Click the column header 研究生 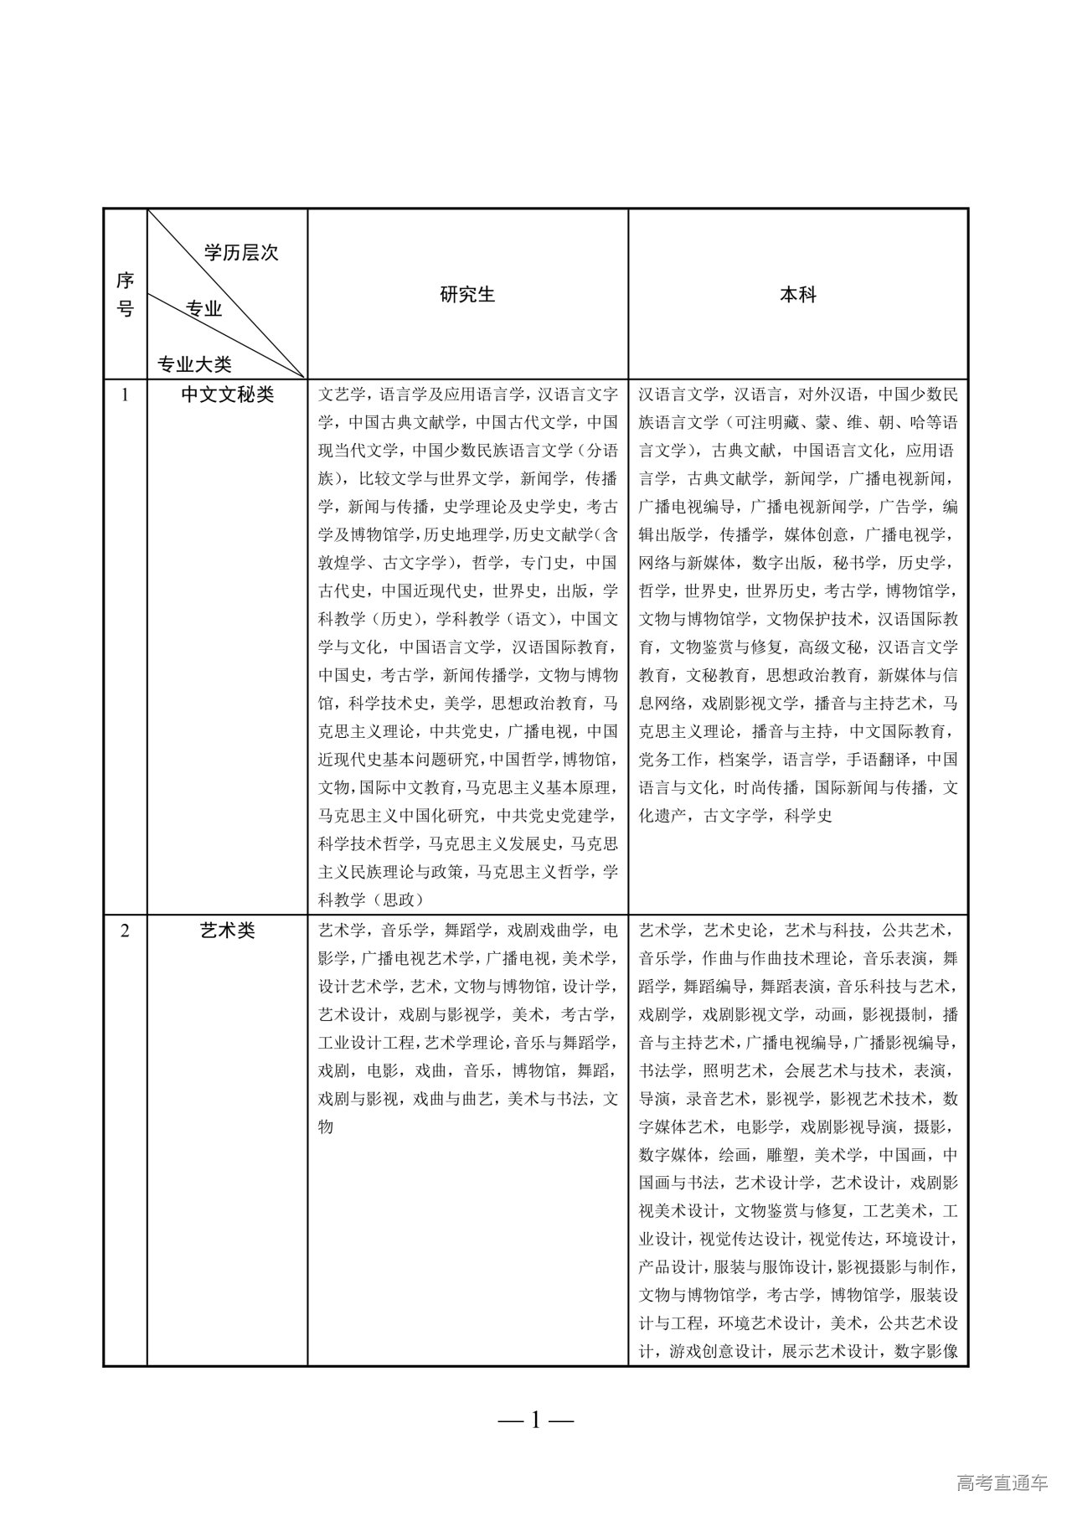coord(467,295)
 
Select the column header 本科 coord(797,295)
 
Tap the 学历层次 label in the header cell coord(241,253)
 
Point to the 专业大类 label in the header coord(195,364)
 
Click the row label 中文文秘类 coord(227,394)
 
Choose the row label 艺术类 coord(227,931)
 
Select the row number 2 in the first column coord(125,931)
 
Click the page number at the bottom coord(536,1419)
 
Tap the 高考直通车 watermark coord(1001,1483)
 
